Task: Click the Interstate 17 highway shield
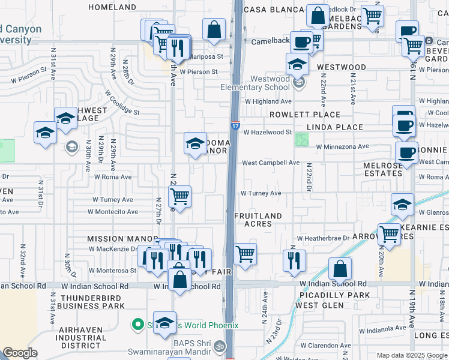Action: (x=235, y=127)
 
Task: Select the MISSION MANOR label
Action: (x=113, y=238)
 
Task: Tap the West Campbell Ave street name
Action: (x=270, y=163)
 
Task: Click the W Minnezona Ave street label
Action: (x=342, y=146)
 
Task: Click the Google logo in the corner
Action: (x=20, y=353)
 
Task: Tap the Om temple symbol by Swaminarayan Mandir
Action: (x=219, y=347)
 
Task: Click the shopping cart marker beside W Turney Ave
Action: (x=180, y=196)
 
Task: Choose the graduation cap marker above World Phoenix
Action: (x=164, y=322)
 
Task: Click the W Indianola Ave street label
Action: (x=382, y=329)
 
